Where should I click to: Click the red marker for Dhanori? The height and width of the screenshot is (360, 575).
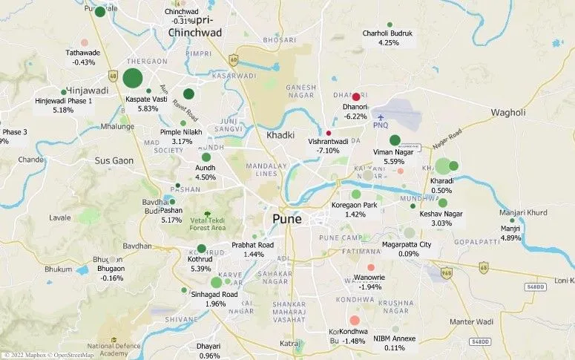(x=356, y=96)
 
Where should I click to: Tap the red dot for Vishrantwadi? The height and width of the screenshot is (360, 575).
(x=328, y=133)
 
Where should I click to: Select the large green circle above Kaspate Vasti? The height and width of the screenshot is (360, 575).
(x=133, y=78)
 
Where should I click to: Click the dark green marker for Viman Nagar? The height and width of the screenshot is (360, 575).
(x=395, y=140)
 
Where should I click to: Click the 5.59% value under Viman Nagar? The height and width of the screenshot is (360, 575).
(x=393, y=161)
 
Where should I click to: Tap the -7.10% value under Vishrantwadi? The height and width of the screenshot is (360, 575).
(x=327, y=150)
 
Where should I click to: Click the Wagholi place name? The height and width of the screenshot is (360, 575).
(x=507, y=112)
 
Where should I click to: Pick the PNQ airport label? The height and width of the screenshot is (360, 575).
(x=381, y=125)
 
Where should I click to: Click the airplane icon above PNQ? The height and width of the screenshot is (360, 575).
(x=381, y=117)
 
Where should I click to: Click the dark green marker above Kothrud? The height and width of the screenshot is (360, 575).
(x=201, y=249)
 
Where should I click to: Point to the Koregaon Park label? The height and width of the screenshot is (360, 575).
(x=355, y=205)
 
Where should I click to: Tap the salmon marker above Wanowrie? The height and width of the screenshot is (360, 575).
(x=371, y=267)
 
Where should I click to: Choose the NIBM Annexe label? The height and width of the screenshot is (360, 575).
(x=395, y=338)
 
